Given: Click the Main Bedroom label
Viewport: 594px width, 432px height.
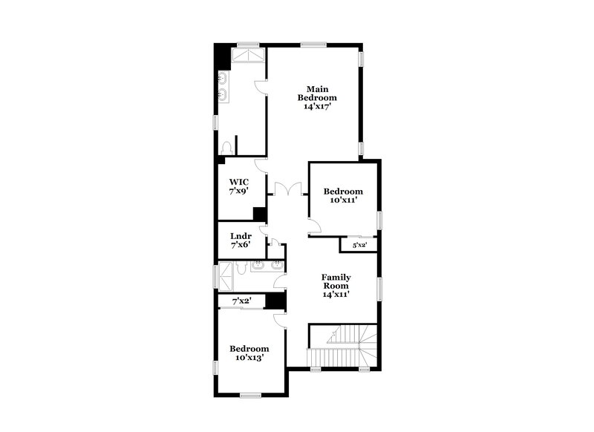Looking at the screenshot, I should pyautogui.click(x=317, y=93).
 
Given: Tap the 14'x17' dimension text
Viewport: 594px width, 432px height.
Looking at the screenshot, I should pyautogui.click(x=317, y=107).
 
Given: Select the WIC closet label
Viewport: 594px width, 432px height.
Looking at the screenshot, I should pyautogui.click(x=238, y=182).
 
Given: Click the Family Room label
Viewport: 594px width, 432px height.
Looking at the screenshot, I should pyautogui.click(x=336, y=281).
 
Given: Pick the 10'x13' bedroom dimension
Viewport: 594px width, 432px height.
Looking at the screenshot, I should pyautogui.click(x=249, y=358).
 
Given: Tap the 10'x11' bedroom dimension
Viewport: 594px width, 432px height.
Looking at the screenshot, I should pyautogui.click(x=344, y=200).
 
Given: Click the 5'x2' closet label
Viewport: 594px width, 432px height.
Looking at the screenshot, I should pyautogui.click(x=359, y=245).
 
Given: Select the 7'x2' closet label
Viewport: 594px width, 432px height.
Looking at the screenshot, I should pyautogui.click(x=242, y=301).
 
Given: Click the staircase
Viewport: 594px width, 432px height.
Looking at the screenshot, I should pyautogui.click(x=343, y=346).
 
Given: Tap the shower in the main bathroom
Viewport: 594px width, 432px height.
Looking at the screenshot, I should pyautogui.click(x=248, y=57).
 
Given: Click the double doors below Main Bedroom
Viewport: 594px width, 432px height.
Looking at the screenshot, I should pyautogui.click(x=287, y=189).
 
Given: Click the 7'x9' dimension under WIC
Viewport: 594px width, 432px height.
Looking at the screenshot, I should pyautogui.click(x=238, y=192).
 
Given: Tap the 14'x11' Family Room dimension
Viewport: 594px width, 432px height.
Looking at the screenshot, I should pyautogui.click(x=336, y=294).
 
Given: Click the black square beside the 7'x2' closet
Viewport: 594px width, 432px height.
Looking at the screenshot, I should pyautogui.click(x=275, y=301).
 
